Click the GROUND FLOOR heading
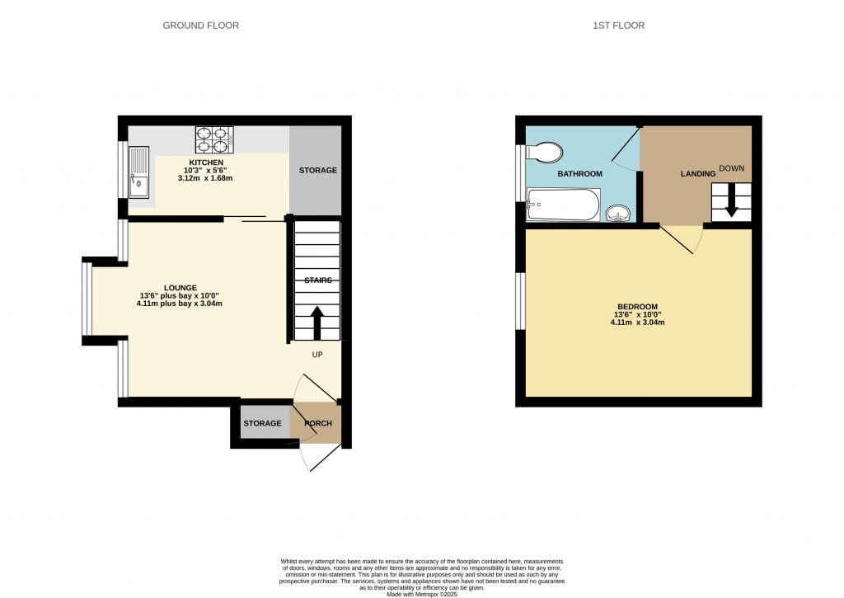[x=200, y=26]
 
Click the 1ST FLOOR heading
[x=618, y=26]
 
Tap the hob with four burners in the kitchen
[x=214, y=140]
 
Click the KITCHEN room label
[x=207, y=162]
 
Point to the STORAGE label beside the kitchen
[x=317, y=171]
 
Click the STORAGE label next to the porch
[x=262, y=424]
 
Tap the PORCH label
[x=318, y=424]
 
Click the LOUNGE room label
[x=179, y=287]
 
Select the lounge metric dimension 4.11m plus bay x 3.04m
[x=179, y=304]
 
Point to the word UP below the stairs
[x=316, y=355]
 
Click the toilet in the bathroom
[x=545, y=152]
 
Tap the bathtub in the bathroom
[x=563, y=204]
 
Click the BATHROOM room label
[x=579, y=174]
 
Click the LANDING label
[x=696, y=174]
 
